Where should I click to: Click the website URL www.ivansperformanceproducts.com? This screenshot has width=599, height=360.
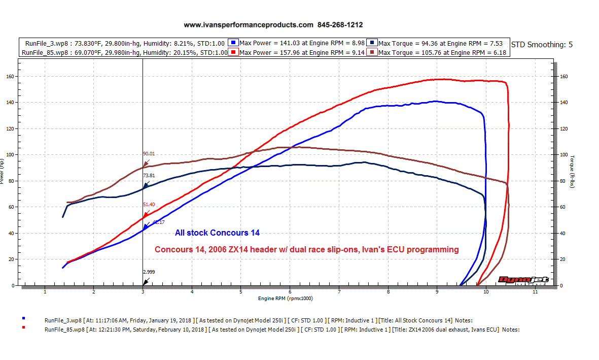(x=249, y=24)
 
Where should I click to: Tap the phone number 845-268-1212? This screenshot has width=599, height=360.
(x=340, y=24)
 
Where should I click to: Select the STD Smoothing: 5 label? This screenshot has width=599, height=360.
(x=542, y=44)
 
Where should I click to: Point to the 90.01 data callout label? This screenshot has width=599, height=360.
(x=149, y=153)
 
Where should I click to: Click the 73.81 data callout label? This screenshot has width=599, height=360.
(x=149, y=176)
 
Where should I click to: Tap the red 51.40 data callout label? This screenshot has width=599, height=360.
(x=149, y=204)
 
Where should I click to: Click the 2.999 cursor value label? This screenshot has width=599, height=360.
(x=149, y=272)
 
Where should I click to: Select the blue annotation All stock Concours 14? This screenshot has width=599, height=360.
(x=217, y=233)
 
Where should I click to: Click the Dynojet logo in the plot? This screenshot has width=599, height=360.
(x=515, y=279)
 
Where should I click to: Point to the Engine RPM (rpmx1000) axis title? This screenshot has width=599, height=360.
(x=285, y=299)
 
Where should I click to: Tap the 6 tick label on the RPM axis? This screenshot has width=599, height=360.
(x=290, y=292)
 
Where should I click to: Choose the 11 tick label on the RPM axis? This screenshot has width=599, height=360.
(x=535, y=292)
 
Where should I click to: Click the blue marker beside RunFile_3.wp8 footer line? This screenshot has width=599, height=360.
(x=23, y=318)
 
